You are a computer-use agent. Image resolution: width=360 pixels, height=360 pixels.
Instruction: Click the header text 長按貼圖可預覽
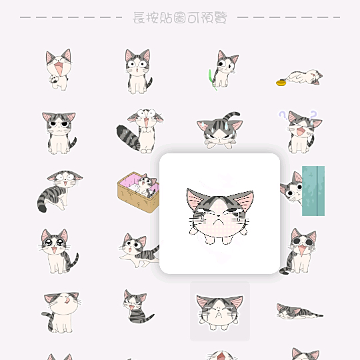pos(180,17)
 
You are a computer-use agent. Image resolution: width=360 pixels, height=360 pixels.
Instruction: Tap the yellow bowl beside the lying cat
pos(281,83)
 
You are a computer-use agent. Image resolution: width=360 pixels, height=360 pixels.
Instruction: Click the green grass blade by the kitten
pos(212,80)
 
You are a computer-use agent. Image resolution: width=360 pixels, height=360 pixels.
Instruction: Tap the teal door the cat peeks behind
pos(313,191)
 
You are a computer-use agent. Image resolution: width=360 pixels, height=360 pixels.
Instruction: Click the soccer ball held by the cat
pos(54,79)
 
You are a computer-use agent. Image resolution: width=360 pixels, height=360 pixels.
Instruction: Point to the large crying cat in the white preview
pos(219,216)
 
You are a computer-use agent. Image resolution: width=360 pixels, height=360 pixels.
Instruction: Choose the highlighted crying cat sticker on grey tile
pos(220,313)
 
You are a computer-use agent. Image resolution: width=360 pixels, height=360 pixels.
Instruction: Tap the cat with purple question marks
pos(301,132)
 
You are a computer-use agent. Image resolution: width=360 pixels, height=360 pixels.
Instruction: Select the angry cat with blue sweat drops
pos(220,130)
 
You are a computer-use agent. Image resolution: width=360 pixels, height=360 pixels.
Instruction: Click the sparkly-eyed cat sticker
pos(58,251)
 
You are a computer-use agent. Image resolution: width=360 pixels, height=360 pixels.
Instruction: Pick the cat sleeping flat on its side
pos(299,311)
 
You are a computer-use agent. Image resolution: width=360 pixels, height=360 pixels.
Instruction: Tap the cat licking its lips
pos(61,312)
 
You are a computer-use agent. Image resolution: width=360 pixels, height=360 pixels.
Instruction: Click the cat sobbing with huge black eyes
pos(298,251)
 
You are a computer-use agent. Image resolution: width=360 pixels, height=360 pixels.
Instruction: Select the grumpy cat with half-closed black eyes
pos(59,133)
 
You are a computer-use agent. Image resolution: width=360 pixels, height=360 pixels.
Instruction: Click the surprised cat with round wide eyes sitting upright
pos(139,71)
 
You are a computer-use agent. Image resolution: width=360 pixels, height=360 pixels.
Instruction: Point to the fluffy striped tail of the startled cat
pos(127,137)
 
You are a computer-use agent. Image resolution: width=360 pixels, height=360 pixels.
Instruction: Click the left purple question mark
pos(283,115)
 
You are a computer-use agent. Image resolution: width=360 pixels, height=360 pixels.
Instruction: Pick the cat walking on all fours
pos(139,250)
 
